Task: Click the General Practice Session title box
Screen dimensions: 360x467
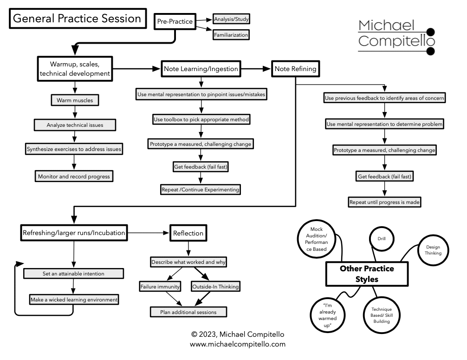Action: pyautogui.click(x=77, y=19)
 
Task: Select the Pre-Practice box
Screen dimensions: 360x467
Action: pyautogui.click(x=175, y=22)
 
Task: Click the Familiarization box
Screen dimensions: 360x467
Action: pyautogui.click(x=231, y=35)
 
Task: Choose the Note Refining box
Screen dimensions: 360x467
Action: pyautogui.click(x=295, y=69)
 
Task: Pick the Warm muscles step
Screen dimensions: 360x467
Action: pyautogui.click(x=74, y=100)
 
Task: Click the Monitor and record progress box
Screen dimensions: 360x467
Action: pyautogui.click(x=74, y=177)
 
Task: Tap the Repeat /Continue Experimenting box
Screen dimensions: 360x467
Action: pyautogui.click(x=201, y=190)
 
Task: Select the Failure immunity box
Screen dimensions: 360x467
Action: pyautogui.click(x=160, y=287)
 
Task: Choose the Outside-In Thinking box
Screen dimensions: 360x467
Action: pyautogui.click(x=215, y=287)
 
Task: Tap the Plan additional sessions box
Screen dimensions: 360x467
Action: pyautogui.click(x=188, y=312)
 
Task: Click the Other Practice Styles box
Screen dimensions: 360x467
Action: pyautogui.click(x=367, y=274)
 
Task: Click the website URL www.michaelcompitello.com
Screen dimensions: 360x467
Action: pyautogui.click(x=237, y=344)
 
